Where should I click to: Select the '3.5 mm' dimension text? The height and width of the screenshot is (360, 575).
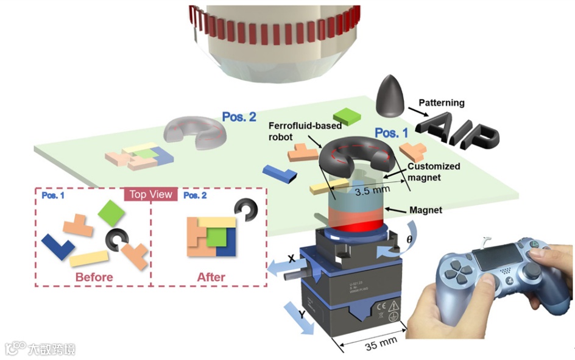click(372, 191)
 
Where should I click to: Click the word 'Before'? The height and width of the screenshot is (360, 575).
click(94, 277)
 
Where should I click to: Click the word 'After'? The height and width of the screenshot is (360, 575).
click(211, 277)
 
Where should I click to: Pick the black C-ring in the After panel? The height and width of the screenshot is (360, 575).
click(248, 210)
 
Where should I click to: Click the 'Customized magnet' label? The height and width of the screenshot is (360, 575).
click(434, 171)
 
